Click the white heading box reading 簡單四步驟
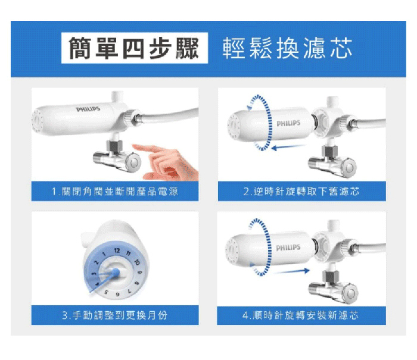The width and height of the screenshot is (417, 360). (135, 48)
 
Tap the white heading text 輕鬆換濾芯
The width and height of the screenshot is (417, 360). (287, 48)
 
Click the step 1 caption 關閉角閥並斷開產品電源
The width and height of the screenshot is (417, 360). (114, 191)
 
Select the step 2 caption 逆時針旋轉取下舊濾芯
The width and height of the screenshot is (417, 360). (301, 191)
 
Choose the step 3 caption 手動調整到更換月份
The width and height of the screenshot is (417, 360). (114, 315)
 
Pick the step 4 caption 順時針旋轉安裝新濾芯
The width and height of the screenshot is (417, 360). (300, 315)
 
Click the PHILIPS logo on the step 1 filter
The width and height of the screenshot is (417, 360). (88, 109)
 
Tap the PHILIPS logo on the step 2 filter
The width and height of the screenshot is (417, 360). (288, 123)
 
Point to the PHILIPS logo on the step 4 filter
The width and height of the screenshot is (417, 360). (288, 248)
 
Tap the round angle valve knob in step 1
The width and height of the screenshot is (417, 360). (133, 162)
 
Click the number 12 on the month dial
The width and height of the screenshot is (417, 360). (117, 251)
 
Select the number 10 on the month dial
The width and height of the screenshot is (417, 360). (136, 262)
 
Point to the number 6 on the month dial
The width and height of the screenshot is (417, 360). (117, 295)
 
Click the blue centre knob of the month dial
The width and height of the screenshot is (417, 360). (116, 271)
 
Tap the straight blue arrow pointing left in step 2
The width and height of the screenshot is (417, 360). (288, 147)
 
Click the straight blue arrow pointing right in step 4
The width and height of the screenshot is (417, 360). (292, 271)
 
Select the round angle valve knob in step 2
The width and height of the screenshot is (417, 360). (348, 167)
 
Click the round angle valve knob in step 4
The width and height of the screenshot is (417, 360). (350, 293)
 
